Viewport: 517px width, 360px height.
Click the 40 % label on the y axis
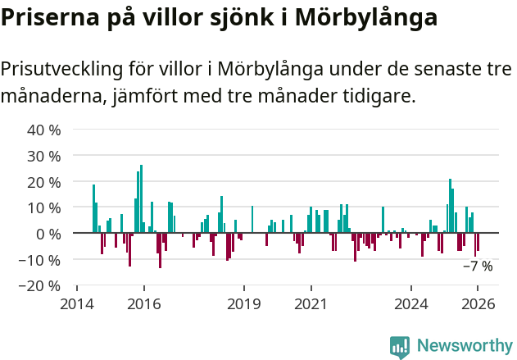tap(44, 130)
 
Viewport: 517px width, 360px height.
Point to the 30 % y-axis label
tap(44, 156)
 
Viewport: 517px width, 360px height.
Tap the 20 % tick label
tap(44, 182)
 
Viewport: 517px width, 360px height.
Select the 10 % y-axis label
tap(44, 207)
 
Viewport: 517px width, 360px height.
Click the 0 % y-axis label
tap(48, 234)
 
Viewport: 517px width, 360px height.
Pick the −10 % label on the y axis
tap(41, 260)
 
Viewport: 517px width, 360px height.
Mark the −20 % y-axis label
tap(41, 286)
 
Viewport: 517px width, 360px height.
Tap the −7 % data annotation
tap(478, 266)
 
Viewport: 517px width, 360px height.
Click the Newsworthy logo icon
tap(400, 347)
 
